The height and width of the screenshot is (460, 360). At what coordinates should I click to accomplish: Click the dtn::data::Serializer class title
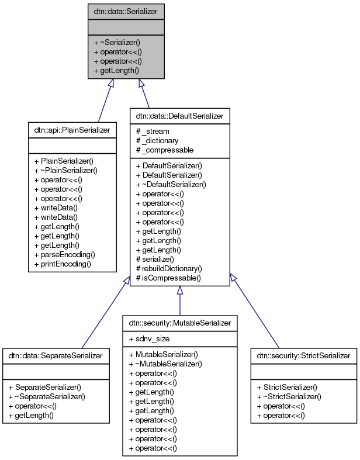pyautogui.click(x=126, y=11)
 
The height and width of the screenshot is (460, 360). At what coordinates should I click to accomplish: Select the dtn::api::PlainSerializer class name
pyautogui.click(x=70, y=129)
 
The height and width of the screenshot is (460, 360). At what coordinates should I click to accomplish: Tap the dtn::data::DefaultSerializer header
pyautogui.click(x=179, y=116)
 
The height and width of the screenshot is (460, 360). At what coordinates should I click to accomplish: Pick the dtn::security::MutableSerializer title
pyautogui.click(x=179, y=323)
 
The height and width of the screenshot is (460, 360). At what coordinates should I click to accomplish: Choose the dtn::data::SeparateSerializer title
pyautogui.click(x=56, y=355)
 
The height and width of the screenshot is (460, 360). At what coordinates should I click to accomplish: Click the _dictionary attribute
pyautogui.click(x=160, y=140)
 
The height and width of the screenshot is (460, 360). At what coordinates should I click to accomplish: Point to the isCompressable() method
pyautogui.click(x=168, y=278)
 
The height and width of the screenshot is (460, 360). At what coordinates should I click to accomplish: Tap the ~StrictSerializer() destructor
pyautogui.click(x=290, y=396)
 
